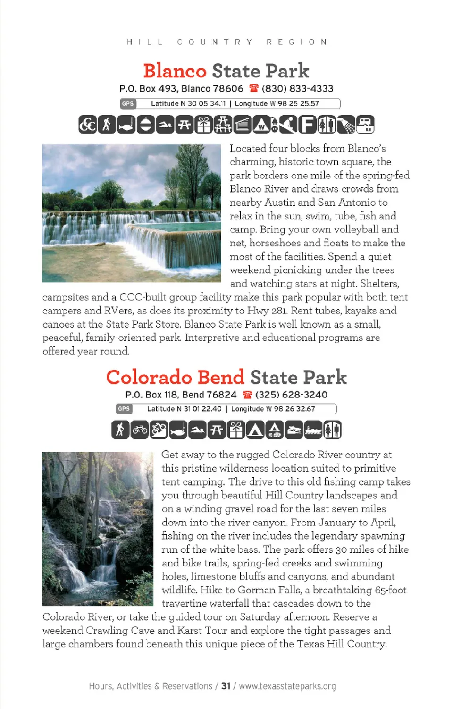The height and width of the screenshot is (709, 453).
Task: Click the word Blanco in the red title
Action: click(175, 71)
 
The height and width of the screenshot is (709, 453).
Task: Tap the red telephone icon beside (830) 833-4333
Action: click(254, 88)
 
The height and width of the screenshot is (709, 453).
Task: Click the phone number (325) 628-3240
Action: click(291, 395)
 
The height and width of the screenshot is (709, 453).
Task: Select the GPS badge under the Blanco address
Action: click(128, 104)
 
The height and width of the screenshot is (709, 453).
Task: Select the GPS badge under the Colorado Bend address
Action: click(124, 409)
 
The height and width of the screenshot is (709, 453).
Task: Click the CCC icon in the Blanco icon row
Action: click(87, 125)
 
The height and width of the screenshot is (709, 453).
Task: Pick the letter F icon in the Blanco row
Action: click(307, 125)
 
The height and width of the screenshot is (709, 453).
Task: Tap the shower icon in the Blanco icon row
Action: click(346, 125)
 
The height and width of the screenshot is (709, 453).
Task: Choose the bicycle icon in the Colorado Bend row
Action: click(140, 430)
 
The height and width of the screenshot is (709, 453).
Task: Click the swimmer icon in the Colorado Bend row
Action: click(197, 430)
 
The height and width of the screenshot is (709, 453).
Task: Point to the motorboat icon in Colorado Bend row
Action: click(294, 430)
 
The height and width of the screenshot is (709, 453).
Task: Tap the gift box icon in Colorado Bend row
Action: click(236, 430)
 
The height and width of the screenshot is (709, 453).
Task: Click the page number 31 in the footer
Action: click(226, 686)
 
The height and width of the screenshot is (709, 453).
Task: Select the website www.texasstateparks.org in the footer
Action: click(287, 686)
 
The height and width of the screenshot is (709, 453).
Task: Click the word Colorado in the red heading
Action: click(149, 378)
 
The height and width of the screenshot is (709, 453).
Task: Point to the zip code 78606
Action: click(228, 89)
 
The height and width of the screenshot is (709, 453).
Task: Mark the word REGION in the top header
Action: click(297, 42)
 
